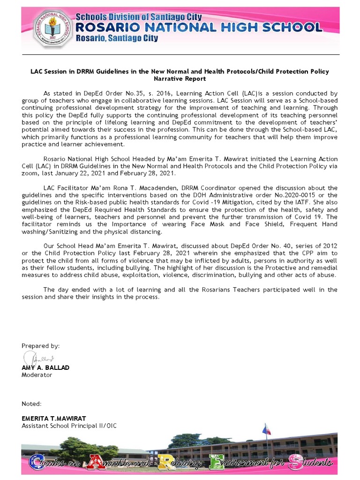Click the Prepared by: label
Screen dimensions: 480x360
tap(40, 346)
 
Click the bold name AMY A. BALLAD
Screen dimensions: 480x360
tap(45, 368)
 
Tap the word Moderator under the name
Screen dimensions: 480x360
tap(37, 375)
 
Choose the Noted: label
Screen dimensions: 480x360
tap(31, 404)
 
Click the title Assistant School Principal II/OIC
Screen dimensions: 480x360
tap(69, 426)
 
